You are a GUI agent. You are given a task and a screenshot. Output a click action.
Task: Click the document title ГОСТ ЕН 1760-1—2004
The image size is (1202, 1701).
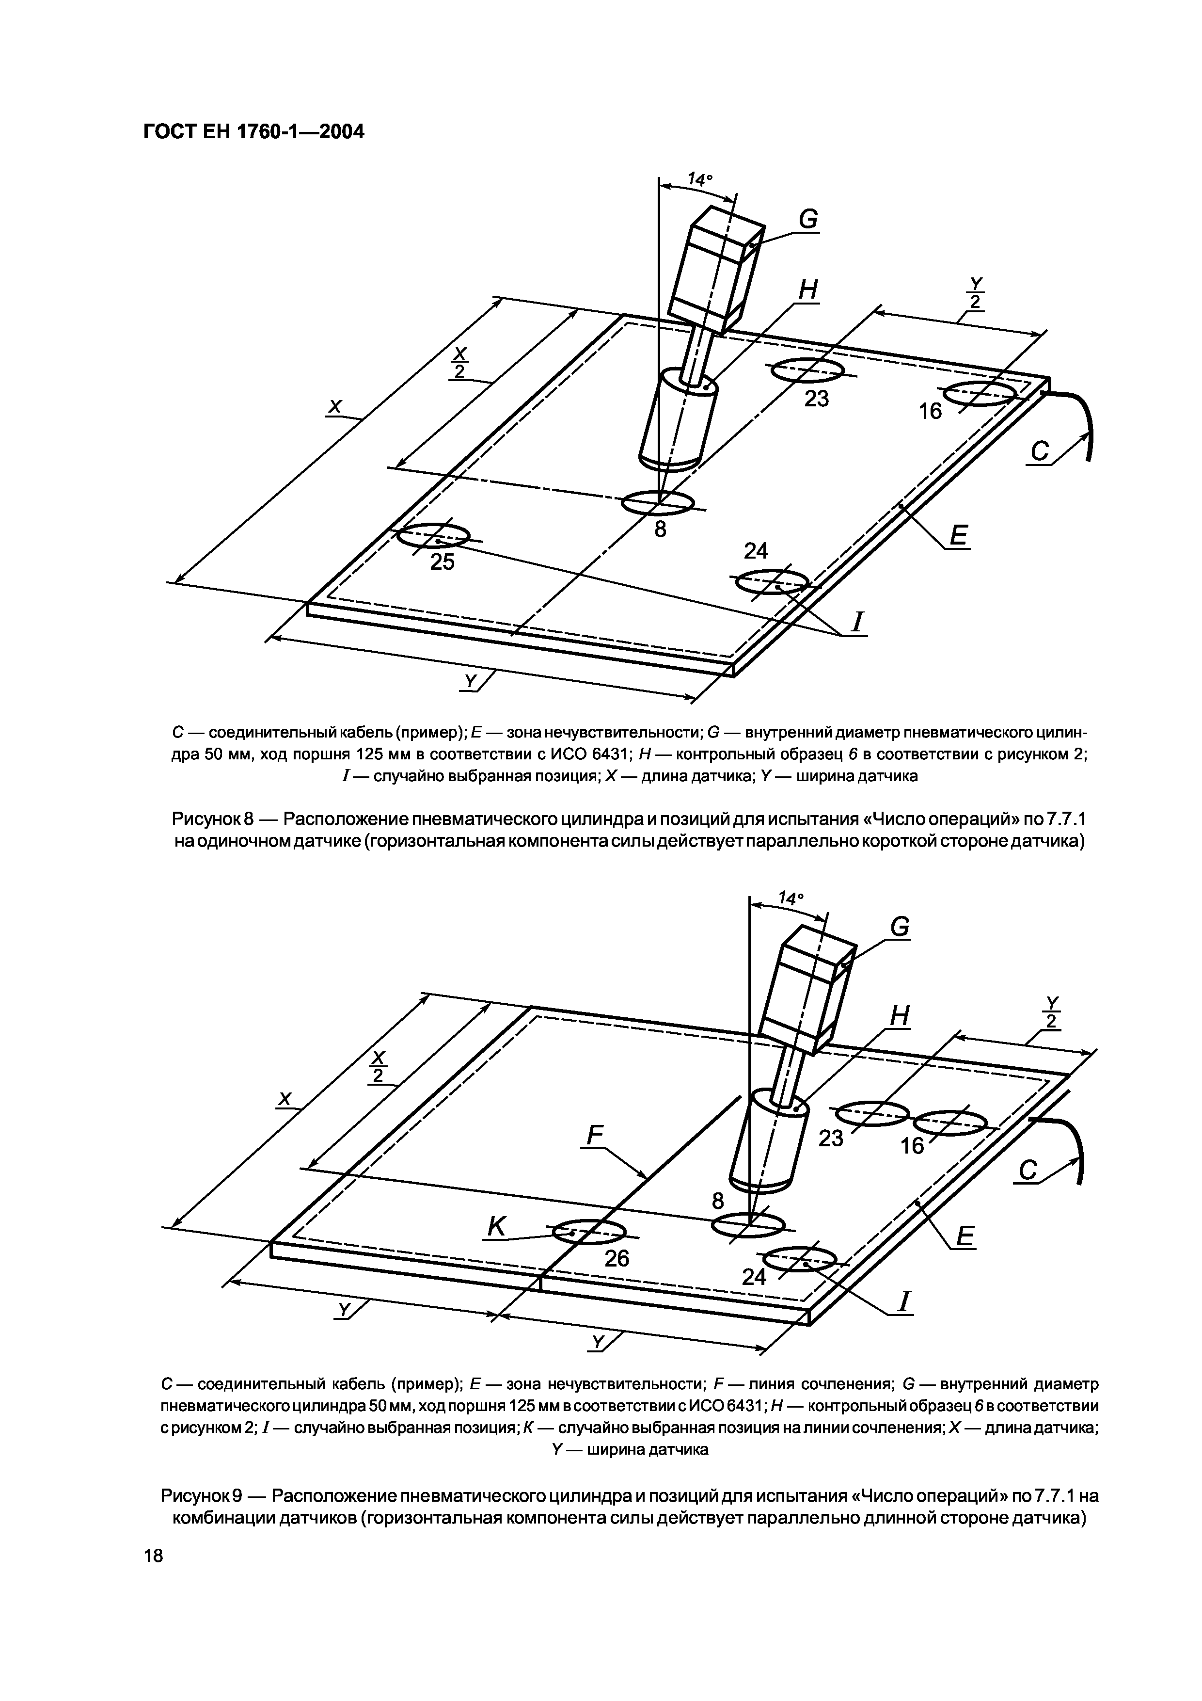pyautogui.click(x=254, y=132)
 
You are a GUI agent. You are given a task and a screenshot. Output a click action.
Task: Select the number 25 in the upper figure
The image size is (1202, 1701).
pyautogui.click(x=442, y=562)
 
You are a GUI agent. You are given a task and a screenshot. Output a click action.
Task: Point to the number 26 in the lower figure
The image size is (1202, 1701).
pyautogui.click(x=616, y=1257)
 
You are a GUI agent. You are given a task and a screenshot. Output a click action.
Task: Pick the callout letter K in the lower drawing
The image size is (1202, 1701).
pyautogui.click(x=496, y=1228)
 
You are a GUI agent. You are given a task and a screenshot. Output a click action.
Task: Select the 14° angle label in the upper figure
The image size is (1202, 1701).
pyautogui.click(x=699, y=179)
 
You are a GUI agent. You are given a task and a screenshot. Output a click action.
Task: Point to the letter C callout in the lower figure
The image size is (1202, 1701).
pyautogui.click(x=1028, y=1171)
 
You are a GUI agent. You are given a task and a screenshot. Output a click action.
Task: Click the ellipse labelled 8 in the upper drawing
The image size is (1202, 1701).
pyautogui.click(x=657, y=503)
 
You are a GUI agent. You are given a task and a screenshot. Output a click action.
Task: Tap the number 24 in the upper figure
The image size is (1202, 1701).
pyautogui.click(x=756, y=550)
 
